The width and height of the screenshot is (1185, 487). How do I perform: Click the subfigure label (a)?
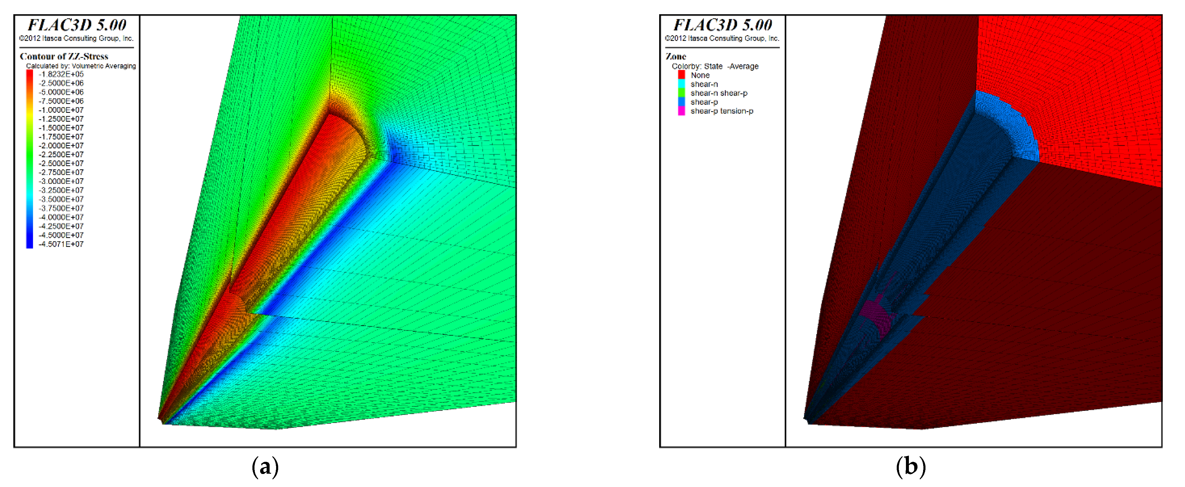click(x=265, y=467)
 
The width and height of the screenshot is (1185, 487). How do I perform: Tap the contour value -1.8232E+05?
click(x=61, y=74)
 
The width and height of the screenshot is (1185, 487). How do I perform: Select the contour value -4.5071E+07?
click(x=61, y=244)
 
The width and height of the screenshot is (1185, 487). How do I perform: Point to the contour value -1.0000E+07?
click(x=61, y=110)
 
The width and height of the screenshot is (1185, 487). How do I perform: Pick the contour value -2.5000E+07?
click(x=61, y=163)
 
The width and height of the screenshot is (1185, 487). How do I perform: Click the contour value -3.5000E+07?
click(x=61, y=199)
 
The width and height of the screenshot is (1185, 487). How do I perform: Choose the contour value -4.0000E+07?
click(x=61, y=217)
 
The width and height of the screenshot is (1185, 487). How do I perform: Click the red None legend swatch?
click(x=681, y=75)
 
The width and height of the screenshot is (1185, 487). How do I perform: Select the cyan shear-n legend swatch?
click(x=681, y=84)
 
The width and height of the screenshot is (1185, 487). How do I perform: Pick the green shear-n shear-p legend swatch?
click(x=681, y=93)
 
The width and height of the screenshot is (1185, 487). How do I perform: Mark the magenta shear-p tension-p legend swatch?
click(x=681, y=111)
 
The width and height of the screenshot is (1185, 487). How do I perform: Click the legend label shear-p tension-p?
click(x=722, y=111)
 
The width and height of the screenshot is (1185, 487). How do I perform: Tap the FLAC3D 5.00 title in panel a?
click(x=77, y=25)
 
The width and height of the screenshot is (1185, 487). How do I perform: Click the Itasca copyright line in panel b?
click(x=722, y=38)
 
